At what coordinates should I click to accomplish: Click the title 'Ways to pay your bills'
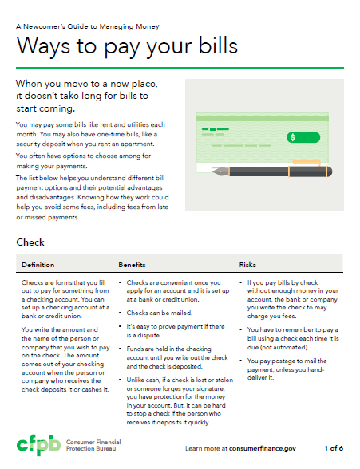point(127,46)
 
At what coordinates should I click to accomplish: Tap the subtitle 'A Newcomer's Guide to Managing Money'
point(88,26)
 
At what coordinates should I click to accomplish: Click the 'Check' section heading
point(30,242)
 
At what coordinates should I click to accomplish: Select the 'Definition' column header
point(38,265)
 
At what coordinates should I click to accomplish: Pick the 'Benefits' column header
point(132,265)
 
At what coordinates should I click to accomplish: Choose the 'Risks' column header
point(247,265)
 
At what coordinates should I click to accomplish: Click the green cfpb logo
point(38,445)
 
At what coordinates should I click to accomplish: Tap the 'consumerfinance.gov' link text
point(263,448)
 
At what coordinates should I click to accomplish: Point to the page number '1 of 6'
point(334,448)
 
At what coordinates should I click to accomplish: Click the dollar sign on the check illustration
point(293,137)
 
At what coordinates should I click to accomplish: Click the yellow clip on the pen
point(307,163)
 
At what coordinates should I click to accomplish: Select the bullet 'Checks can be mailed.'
point(160,313)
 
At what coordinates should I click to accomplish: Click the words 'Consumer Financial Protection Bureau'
point(93,445)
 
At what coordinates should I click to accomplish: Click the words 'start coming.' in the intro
point(45,108)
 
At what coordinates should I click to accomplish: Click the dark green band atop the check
point(262,118)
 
